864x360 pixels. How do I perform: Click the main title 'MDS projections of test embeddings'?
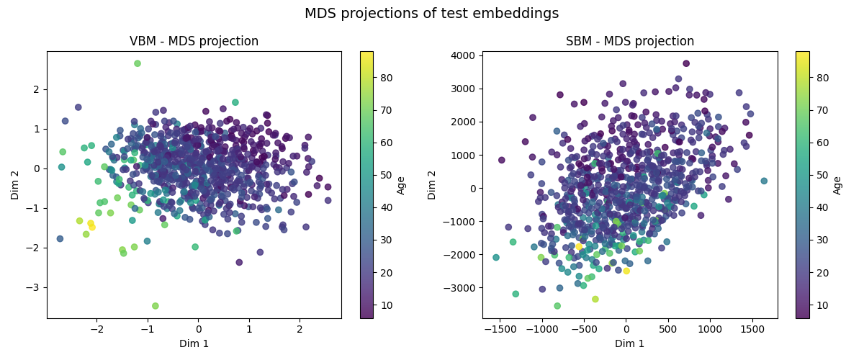(431, 14)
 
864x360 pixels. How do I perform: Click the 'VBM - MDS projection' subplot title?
(194, 41)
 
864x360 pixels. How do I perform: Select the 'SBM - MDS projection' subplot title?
(629, 41)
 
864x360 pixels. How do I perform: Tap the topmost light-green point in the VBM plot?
(138, 63)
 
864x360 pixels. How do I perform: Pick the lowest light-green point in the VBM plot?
(156, 306)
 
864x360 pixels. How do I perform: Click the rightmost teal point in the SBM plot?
(764, 181)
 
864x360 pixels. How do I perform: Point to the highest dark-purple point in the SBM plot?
(686, 63)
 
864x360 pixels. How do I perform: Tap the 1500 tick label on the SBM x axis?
(752, 329)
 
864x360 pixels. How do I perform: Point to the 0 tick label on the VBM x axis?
(199, 329)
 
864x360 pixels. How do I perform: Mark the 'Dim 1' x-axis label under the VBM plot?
(194, 343)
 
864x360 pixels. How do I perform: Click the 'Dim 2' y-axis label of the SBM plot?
(433, 185)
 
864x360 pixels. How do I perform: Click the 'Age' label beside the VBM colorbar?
(402, 185)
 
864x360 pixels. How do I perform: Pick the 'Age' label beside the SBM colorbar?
(837, 185)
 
